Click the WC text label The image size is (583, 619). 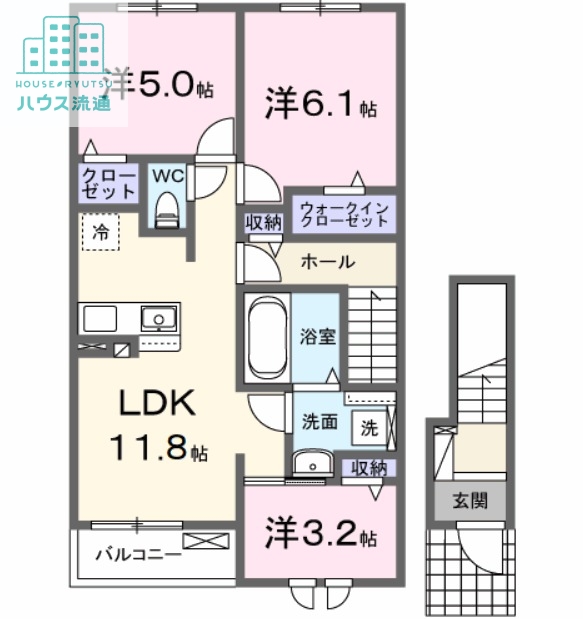(x=166, y=175)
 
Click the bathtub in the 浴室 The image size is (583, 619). (x=267, y=336)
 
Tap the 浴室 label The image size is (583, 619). (x=319, y=337)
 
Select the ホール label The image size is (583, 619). (x=326, y=262)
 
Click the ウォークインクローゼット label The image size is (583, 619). (x=342, y=214)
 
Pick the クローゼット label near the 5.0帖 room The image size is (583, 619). (x=108, y=183)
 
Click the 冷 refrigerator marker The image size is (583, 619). (x=100, y=232)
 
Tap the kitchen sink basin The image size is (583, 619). (x=155, y=319)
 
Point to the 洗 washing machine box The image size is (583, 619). (x=369, y=428)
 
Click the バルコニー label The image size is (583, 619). (x=138, y=553)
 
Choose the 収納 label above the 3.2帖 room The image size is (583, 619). (x=369, y=467)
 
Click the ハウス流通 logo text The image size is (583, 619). (x=65, y=103)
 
